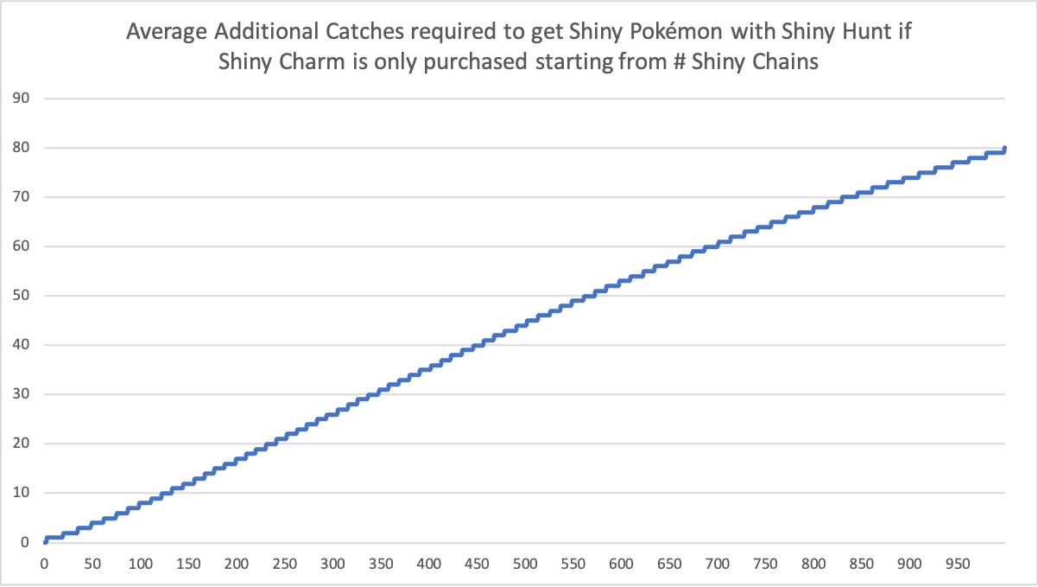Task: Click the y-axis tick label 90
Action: tap(21, 98)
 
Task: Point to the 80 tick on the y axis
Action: tap(21, 147)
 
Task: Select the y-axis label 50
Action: tap(21, 295)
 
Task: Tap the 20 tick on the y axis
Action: tap(21, 443)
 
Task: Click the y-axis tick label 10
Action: tap(21, 492)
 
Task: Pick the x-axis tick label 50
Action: tap(92, 564)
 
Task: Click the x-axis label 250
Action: tap(284, 564)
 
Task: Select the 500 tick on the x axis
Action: tap(525, 564)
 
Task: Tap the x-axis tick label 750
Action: tap(765, 564)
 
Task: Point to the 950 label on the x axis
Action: tap(958, 564)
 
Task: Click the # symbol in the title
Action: tap(680, 61)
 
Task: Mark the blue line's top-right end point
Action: tap(1004, 148)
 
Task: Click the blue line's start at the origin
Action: tap(45, 541)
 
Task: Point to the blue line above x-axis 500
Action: tap(525, 323)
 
